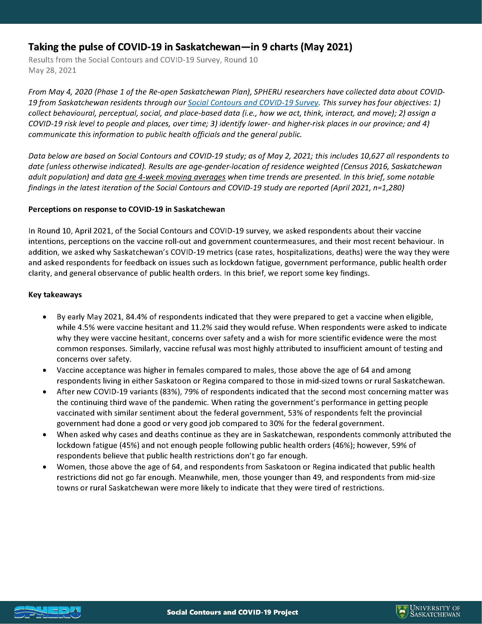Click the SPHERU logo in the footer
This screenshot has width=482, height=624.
(47, 612)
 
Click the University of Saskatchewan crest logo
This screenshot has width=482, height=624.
(401, 612)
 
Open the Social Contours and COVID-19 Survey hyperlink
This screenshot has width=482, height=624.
(253, 103)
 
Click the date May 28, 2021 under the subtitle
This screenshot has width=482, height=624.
(52, 70)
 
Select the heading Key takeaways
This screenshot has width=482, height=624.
(55, 295)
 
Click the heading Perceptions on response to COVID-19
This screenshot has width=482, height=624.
(126, 209)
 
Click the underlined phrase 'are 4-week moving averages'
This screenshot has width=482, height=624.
(175, 177)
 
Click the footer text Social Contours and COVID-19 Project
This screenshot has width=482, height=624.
(232, 612)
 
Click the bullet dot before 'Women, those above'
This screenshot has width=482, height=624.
(45, 467)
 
